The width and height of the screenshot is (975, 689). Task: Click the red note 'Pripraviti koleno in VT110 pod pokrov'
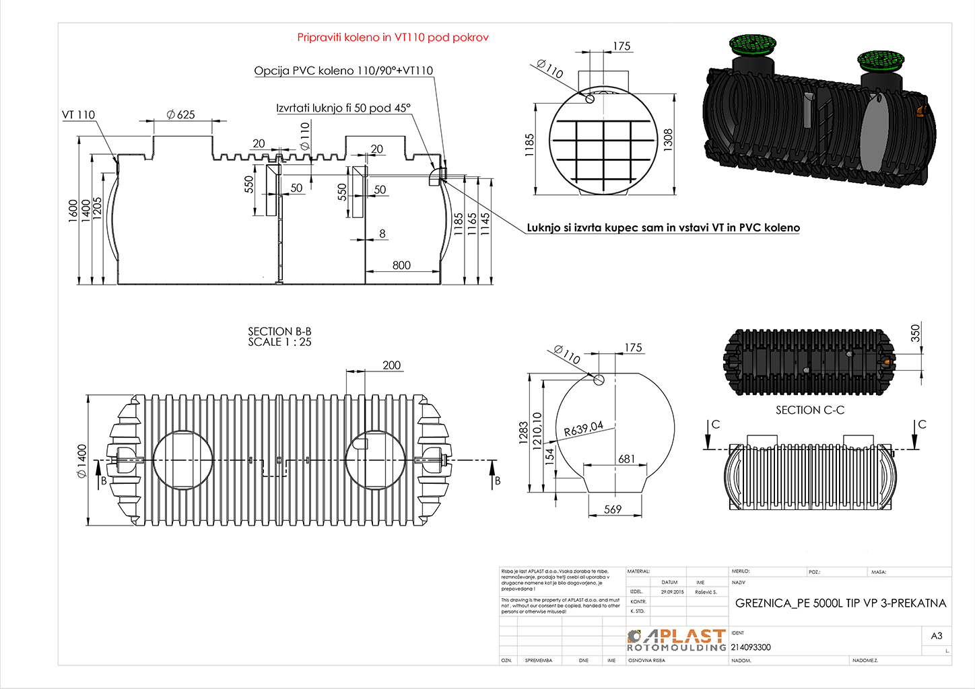[x=393, y=38]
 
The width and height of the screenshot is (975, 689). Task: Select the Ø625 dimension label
[x=180, y=114]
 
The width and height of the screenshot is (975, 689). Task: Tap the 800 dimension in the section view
[x=401, y=265]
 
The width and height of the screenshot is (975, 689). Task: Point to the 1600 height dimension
[x=73, y=210]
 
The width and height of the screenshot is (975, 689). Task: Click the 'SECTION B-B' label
[x=279, y=332]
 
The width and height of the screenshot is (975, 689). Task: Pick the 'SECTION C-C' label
[x=809, y=410]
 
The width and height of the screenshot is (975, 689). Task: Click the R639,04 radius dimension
[x=583, y=429]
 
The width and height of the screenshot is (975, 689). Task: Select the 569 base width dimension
[x=613, y=509]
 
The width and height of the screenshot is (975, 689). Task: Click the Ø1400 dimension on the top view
[x=82, y=460]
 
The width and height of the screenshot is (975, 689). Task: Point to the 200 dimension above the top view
[x=391, y=365]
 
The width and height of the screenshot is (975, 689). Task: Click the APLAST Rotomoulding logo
[x=676, y=640]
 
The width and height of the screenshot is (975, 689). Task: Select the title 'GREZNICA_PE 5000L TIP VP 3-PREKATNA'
[x=840, y=603]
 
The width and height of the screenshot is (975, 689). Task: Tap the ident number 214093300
[x=751, y=647]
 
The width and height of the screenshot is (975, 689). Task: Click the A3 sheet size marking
[x=936, y=636]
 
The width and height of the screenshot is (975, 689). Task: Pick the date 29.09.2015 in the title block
[x=672, y=592]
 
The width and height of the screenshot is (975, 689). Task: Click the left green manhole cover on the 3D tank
[x=752, y=44]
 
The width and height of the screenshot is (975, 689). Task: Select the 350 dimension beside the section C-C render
[x=915, y=332]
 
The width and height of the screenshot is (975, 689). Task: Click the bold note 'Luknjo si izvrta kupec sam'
[x=663, y=227]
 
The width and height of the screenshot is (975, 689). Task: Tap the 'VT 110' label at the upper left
[x=79, y=115]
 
